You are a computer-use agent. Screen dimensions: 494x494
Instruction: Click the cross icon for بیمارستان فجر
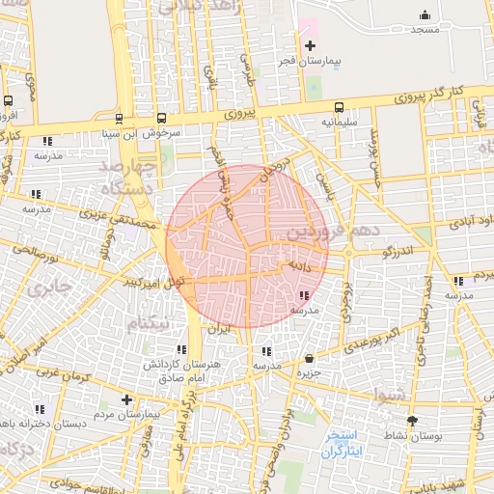[310, 46]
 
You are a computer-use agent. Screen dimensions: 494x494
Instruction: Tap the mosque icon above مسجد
[425, 14]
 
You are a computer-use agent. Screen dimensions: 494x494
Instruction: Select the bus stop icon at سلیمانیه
[339, 107]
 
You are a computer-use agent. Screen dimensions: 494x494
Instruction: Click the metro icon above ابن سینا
[119, 119]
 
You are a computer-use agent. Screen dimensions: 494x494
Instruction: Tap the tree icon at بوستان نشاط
[413, 421]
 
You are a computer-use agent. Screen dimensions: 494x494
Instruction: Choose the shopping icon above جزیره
[309, 358]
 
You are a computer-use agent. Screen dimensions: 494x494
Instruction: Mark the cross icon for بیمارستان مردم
[126, 398]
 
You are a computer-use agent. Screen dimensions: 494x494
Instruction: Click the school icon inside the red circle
[305, 296]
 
